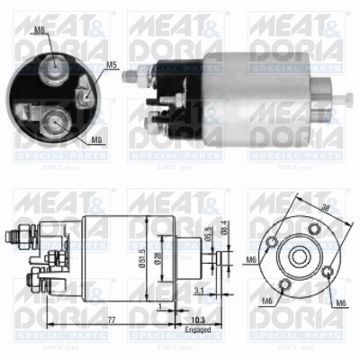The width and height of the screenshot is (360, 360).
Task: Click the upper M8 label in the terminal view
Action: click(x=39, y=31)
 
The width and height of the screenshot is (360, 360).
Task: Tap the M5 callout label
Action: click(x=112, y=65)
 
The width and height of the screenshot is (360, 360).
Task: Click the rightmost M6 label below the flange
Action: click(x=340, y=302)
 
